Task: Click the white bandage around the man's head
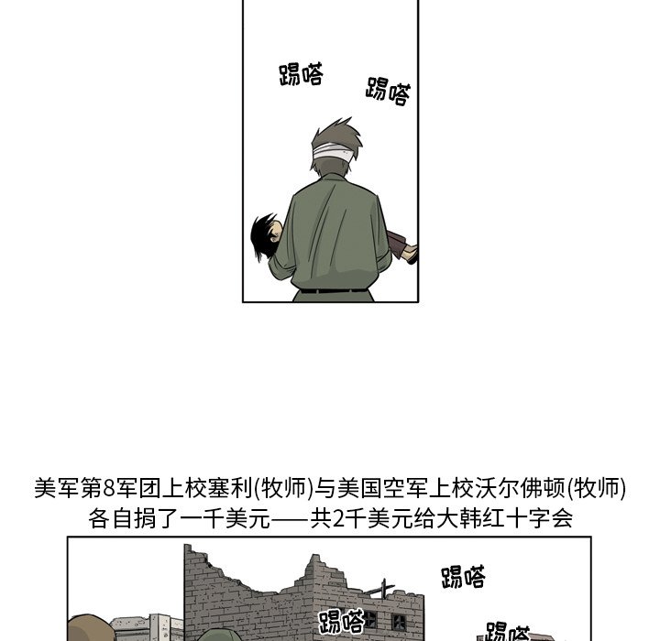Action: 334,152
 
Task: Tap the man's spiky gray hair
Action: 336,134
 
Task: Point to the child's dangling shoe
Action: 410,255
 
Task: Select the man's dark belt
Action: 334,290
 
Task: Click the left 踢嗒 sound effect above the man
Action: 301,75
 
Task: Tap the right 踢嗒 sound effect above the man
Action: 388,92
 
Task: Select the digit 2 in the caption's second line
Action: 338,519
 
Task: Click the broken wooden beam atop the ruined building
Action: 380,588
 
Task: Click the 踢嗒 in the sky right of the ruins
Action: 463,577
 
